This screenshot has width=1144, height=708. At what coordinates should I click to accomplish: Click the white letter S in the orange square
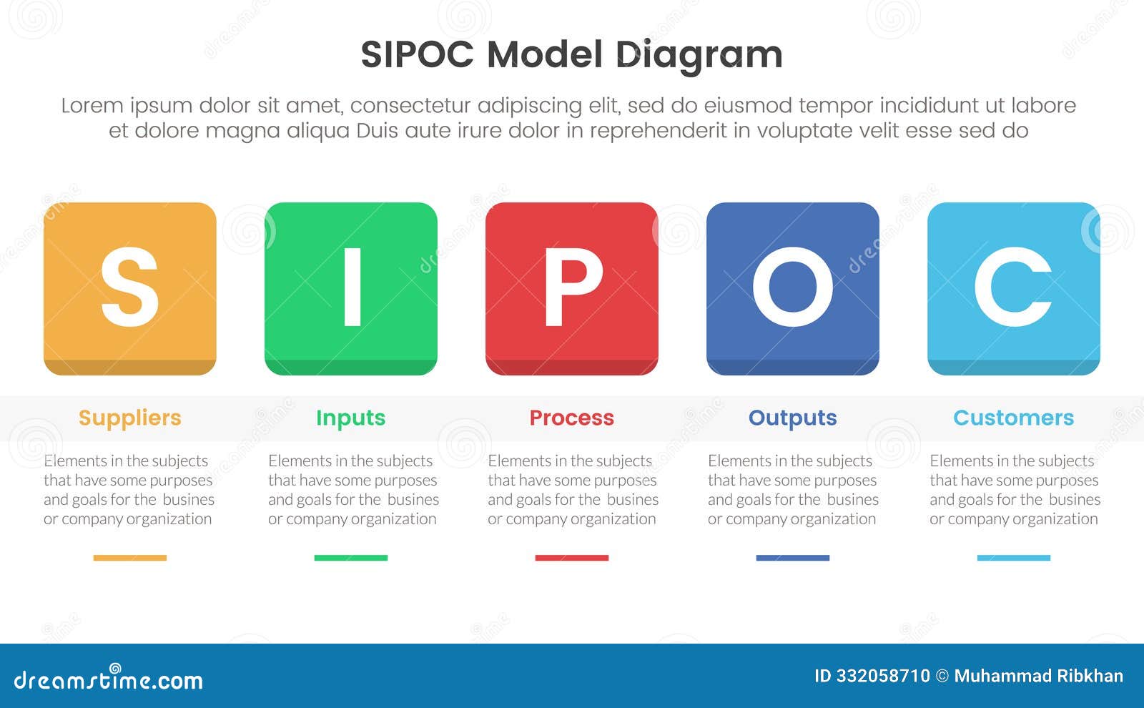point(129,287)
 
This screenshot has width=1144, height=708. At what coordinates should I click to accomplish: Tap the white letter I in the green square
point(352,287)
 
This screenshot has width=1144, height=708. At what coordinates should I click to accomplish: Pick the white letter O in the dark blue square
point(792,287)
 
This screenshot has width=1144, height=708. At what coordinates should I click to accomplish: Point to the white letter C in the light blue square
point(1012,287)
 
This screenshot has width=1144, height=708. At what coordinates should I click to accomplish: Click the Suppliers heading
point(129,418)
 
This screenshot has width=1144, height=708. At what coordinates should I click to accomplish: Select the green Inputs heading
point(350,418)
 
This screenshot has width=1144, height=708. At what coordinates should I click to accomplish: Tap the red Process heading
point(571,418)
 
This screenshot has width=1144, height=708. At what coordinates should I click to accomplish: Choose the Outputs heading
point(792,418)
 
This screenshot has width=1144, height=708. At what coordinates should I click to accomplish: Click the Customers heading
point(1013,418)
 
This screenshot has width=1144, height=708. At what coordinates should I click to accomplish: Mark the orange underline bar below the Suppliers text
point(129,558)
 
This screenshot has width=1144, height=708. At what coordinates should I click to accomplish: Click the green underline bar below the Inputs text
point(350,558)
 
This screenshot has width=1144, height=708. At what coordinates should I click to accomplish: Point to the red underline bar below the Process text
point(571,558)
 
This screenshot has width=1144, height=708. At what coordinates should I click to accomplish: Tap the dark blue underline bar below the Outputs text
point(792,558)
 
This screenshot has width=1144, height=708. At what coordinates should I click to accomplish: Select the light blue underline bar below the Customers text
point(1013,558)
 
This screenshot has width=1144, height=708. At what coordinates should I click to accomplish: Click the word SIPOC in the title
point(417,54)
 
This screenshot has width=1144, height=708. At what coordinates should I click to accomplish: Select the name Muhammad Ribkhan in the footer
point(1038,676)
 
